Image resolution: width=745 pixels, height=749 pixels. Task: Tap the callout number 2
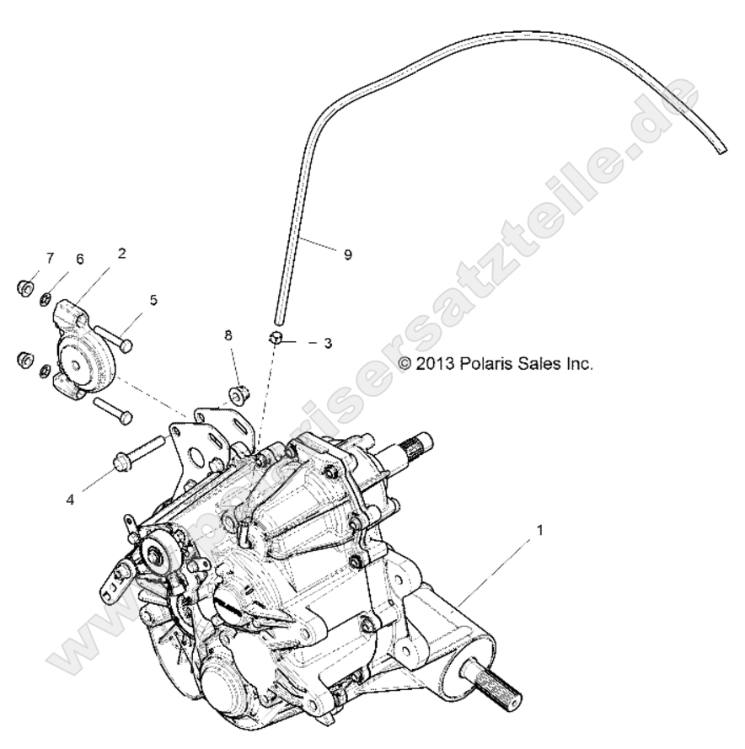pyautogui.click(x=123, y=253)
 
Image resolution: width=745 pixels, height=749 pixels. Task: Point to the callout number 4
pyautogui.click(x=71, y=500)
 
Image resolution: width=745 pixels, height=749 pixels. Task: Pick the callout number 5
pyautogui.click(x=153, y=299)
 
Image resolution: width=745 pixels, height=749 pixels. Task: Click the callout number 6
pyautogui.click(x=80, y=259)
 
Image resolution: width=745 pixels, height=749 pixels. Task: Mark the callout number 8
pyautogui.click(x=228, y=335)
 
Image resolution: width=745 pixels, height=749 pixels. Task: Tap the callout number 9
pyautogui.click(x=347, y=255)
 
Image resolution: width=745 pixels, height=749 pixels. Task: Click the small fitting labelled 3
pyautogui.click(x=277, y=339)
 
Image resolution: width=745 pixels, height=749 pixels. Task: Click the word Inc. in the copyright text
pyautogui.click(x=579, y=364)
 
